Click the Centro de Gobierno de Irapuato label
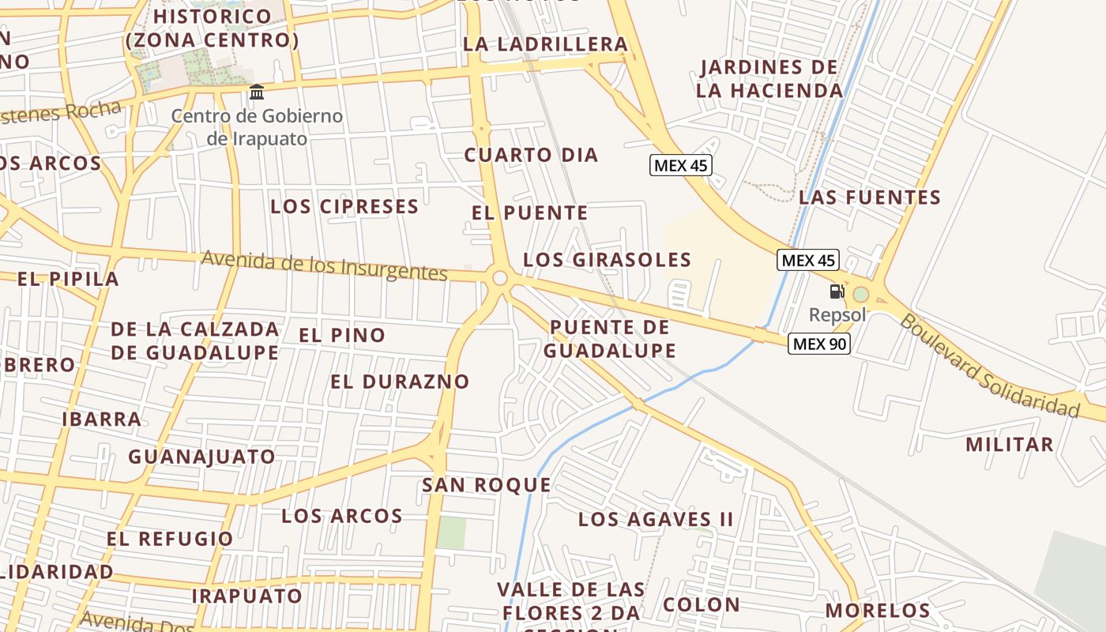(257, 127)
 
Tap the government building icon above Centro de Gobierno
(257, 93)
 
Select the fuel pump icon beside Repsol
(837, 292)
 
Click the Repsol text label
(837, 315)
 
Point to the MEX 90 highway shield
(818, 344)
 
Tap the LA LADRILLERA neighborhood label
(545, 44)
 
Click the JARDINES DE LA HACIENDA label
(769, 79)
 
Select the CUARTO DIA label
(531, 155)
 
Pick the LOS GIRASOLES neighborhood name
(608, 260)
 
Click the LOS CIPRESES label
(344, 207)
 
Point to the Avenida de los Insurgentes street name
(325, 265)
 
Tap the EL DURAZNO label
(400, 382)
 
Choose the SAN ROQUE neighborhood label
(487, 485)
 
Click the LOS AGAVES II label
(656, 519)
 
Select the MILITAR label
(1010, 444)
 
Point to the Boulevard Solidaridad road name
(990, 367)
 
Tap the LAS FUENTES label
(870, 197)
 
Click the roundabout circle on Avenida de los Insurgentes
(499, 277)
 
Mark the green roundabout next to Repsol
(860, 295)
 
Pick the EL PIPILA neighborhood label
(68, 279)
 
